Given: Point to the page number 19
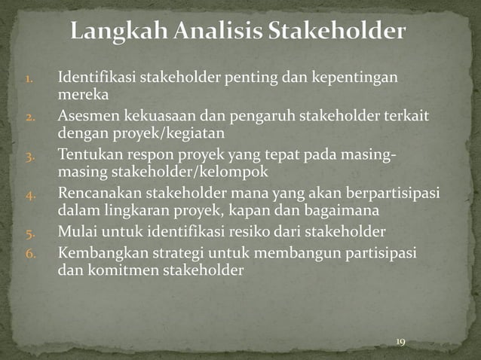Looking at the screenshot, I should (x=400, y=343).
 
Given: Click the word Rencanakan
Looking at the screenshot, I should (x=97, y=195).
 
